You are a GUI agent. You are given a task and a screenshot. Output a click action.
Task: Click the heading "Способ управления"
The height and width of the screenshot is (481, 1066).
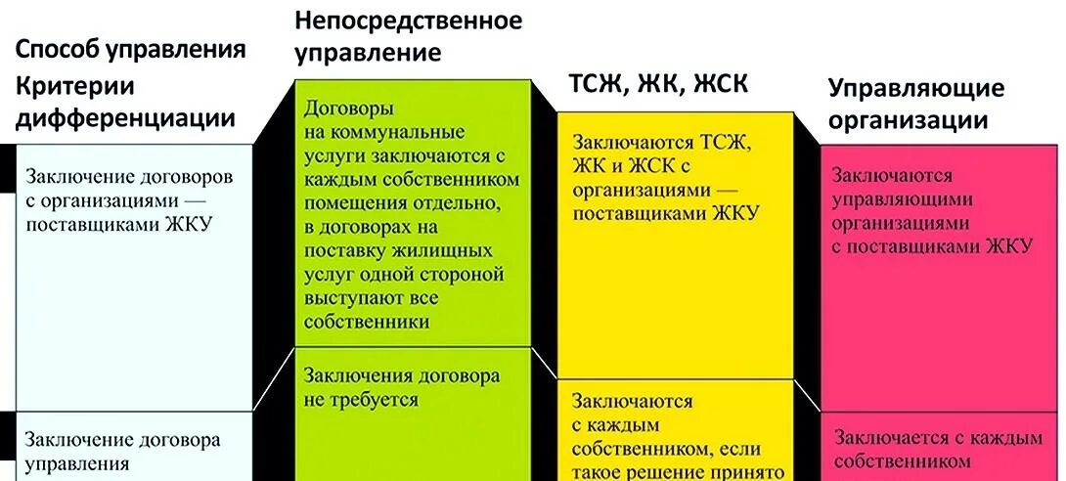click(x=130, y=50)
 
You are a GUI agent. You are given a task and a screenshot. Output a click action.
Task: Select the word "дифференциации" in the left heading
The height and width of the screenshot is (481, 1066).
click(x=126, y=118)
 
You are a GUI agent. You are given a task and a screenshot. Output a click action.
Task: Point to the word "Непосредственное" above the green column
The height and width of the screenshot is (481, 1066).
click(x=409, y=20)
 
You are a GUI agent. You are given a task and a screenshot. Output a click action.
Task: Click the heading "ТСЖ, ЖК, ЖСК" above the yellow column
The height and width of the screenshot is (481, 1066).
click(x=658, y=84)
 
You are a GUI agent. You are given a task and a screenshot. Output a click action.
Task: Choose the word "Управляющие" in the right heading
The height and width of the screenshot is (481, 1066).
click(x=915, y=88)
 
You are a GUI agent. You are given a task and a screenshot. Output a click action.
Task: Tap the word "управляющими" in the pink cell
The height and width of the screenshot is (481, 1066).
click(x=902, y=198)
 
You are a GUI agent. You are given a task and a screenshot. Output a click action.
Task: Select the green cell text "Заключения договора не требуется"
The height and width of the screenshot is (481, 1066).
click(x=402, y=387)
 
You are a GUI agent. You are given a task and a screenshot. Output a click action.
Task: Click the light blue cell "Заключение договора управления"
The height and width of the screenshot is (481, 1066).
click(x=122, y=451)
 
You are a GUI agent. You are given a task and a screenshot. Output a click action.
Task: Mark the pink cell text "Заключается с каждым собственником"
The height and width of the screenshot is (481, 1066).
click(x=936, y=450)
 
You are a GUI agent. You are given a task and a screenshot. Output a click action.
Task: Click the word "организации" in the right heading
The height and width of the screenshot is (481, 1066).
click(x=908, y=121)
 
